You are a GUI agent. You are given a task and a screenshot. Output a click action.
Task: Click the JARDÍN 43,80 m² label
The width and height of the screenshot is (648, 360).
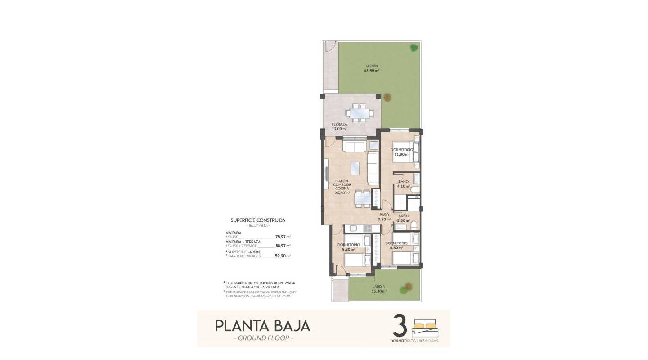(x=372, y=68)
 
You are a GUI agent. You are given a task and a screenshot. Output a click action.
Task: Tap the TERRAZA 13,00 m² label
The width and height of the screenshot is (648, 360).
(x=339, y=126)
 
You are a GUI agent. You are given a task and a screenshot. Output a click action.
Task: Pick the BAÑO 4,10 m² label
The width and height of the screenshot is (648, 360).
(x=404, y=184)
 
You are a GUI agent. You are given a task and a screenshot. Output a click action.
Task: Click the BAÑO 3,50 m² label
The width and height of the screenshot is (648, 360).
(x=404, y=219)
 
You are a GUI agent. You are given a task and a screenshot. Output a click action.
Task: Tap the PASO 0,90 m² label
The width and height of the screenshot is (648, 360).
(x=384, y=217)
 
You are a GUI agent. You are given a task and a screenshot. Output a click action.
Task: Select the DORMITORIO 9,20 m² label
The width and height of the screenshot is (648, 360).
(x=348, y=247)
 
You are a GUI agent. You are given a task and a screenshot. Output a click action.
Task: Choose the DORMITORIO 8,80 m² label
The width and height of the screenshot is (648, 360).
(x=396, y=245)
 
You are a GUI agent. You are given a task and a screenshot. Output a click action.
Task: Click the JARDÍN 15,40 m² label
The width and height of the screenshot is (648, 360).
(x=379, y=288)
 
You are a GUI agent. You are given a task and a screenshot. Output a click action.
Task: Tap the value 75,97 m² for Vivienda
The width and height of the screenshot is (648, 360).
(x=283, y=237)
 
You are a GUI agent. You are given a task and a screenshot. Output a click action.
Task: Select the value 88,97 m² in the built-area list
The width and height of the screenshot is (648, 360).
(x=283, y=246)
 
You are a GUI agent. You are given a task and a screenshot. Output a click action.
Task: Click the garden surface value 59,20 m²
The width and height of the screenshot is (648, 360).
(x=283, y=256)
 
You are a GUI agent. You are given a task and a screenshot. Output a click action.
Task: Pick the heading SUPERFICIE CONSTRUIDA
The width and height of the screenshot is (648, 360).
(x=258, y=220)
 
